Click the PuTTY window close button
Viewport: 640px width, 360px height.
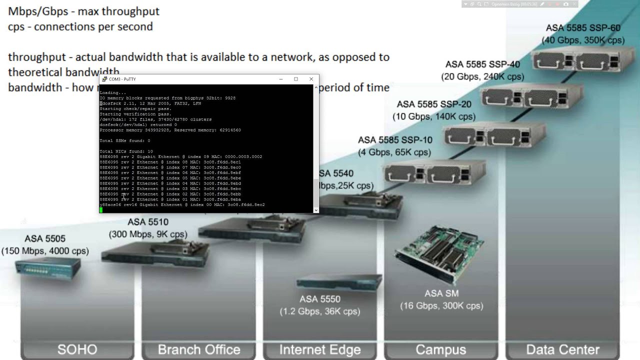[311, 79]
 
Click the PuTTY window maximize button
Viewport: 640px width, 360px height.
[296, 79]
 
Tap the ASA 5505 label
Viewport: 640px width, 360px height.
[45, 239]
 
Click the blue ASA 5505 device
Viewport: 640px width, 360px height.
[47, 270]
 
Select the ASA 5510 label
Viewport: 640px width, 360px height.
[148, 222]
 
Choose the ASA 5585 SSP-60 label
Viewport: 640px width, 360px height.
[583, 28]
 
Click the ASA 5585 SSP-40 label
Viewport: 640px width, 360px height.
[482, 64]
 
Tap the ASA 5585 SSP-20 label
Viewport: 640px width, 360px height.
[433, 104]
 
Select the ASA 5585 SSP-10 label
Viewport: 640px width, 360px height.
[394, 140]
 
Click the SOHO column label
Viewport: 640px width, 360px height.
[77, 349]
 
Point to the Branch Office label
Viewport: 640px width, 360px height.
[199, 349]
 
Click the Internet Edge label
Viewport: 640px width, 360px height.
[320, 349]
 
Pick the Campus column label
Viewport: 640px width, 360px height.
[441, 349]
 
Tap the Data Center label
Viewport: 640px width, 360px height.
[562, 349]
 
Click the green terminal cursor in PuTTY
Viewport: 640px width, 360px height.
[101, 210]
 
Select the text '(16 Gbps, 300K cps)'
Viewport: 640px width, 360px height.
[441, 305]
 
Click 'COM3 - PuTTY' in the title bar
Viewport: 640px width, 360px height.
[122, 79]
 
